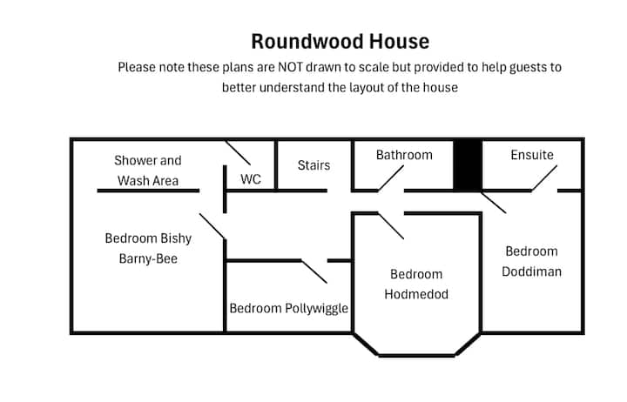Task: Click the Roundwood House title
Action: tap(340, 42)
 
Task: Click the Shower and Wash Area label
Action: tap(147, 171)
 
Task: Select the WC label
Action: tap(251, 180)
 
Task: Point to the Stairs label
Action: tap(313, 164)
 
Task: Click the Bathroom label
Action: tap(404, 155)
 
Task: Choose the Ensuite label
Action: tap(531, 155)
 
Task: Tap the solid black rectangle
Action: tap(468, 164)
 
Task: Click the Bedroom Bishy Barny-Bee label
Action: tap(147, 248)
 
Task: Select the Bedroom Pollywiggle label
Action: tap(288, 308)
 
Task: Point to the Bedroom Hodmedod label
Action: tap(416, 285)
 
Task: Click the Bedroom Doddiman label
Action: tap(532, 261)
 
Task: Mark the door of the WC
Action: tap(238, 152)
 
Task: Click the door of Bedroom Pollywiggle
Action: tap(313, 271)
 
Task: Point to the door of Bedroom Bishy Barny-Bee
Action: tap(212, 226)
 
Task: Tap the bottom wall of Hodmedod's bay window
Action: tap(416, 355)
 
